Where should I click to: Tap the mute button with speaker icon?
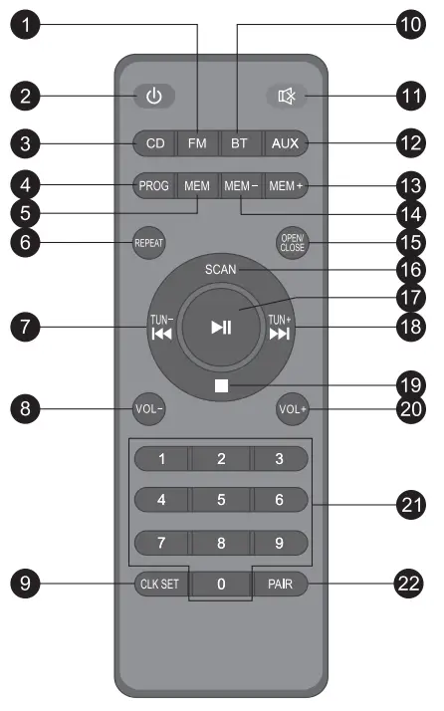coord(288,97)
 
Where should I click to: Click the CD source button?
coord(154,143)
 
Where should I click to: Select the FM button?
coord(197,143)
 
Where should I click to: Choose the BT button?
coord(239,143)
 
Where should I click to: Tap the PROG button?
coord(154,186)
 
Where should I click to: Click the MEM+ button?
coord(287,186)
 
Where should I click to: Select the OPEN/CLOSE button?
coord(292,243)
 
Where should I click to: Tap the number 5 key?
coord(221,499)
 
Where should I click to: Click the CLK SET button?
coord(159,584)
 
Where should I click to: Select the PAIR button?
coord(280,584)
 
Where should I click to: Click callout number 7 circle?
coord(26,325)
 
